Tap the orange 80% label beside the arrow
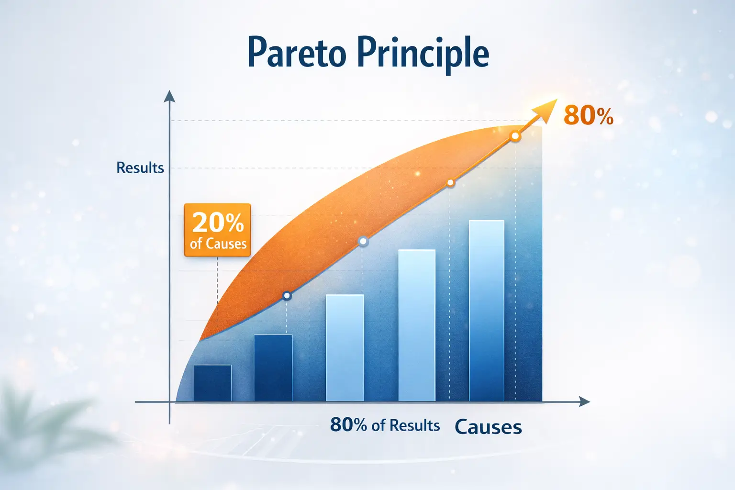[588, 116]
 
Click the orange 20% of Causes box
[217, 230]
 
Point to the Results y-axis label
[140, 167]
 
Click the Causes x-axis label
[488, 427]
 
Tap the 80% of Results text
[385, 425]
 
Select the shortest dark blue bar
[212, 383]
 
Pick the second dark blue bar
[273, 367]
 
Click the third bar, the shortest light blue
[345, 347]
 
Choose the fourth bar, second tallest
[417, 325]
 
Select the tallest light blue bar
[487, 311]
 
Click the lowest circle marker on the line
[287, 296]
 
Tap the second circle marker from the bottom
[363, 242]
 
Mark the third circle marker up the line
[451, 182]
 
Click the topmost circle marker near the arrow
[515, 136]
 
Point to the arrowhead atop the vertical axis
[169, 96]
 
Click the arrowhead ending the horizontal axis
[584, 401]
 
